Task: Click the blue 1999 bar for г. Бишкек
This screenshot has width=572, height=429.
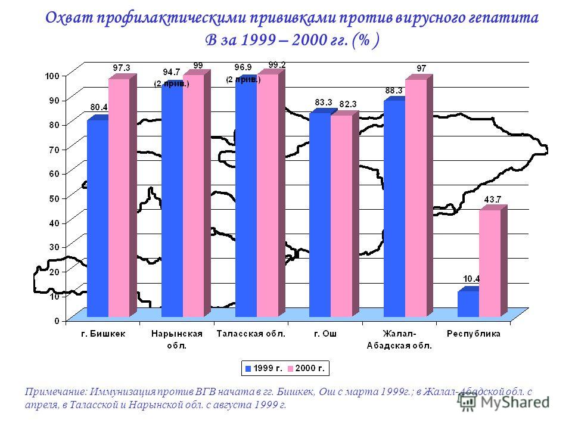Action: coord(98,218)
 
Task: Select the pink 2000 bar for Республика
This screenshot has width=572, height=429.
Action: coord(490,263)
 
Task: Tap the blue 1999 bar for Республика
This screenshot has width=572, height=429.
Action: coord(468,304)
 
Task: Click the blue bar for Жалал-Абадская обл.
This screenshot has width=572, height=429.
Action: coord(394,209)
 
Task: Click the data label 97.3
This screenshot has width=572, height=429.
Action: coord(122,68)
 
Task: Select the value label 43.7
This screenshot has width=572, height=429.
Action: coord(493,200)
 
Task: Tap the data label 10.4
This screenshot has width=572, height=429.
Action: coord(471,279)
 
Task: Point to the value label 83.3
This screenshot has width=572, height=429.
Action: coord(324,102)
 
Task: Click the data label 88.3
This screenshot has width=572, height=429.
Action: coord(394,91)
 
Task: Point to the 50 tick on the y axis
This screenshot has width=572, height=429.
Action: coord(54,198)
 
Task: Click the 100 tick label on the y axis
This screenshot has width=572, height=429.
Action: coord(52,76)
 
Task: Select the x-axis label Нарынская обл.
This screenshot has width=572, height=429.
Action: coord(177,340)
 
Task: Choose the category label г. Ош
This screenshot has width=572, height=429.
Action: coord(325,334)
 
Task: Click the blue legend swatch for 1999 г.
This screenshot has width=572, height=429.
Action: coord(248,368)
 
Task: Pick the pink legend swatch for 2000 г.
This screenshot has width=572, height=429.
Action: coord(291,368)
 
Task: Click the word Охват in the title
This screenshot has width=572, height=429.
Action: coord(69,17)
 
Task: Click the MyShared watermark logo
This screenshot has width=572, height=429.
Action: coord(504,402)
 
